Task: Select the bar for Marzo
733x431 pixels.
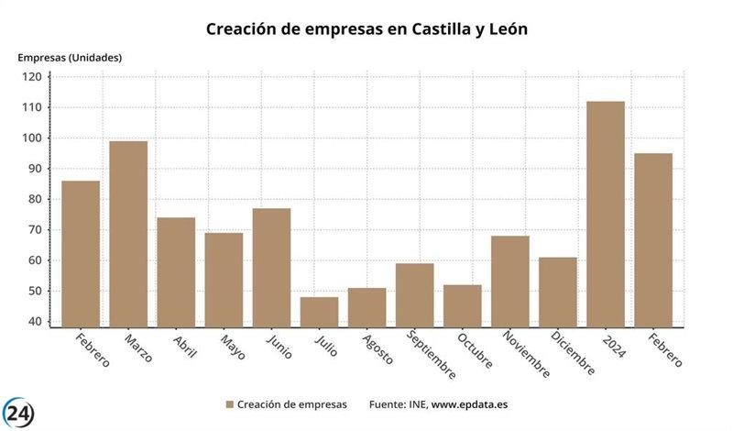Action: point(128,234)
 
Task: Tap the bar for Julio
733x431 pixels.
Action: point(319,312)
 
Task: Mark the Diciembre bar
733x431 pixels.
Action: point(558,292)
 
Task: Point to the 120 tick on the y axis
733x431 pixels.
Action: point(32,77)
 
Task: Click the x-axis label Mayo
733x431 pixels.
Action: point(233,347)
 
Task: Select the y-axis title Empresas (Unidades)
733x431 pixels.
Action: point(70,57)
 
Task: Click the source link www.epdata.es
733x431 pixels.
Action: point(470,404)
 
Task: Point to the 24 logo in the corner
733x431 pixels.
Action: point(19,412)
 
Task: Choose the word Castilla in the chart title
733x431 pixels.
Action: point(427,29)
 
